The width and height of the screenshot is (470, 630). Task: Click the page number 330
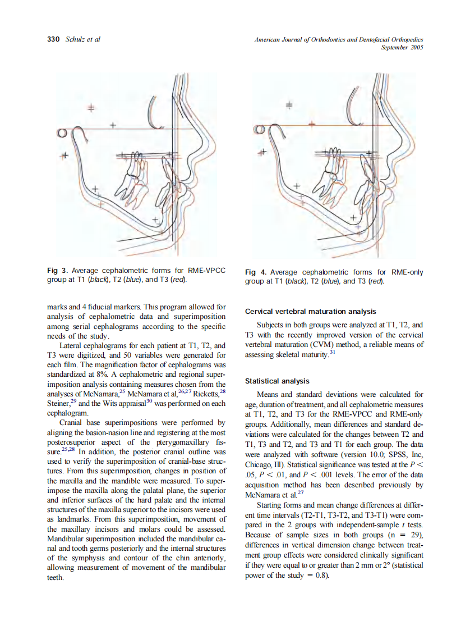pyautogui.click(x=53, y=39)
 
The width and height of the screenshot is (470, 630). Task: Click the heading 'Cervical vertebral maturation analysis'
pyautogui.click(x=310, y=311)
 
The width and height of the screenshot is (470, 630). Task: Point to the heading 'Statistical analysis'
pyautogui.click(x=276, y=381)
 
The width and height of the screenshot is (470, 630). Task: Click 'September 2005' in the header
pyautogui.click(x=402, y=47)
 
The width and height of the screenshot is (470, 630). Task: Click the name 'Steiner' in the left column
pyautogui.click(x=58, y=403)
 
